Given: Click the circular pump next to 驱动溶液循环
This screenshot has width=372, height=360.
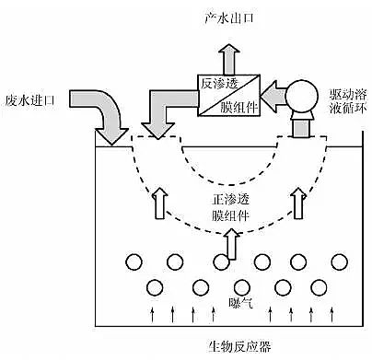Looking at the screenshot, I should (x=300, y=97).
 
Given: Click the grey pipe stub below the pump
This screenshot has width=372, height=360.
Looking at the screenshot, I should (x=300, y=127).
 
